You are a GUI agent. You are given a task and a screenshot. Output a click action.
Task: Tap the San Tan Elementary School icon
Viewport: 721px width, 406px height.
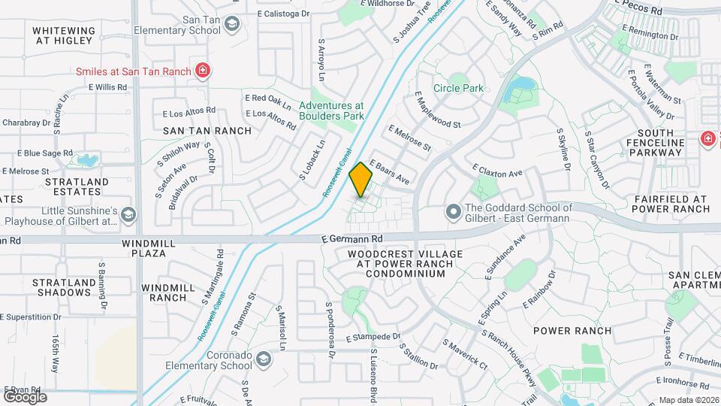coord(232,24)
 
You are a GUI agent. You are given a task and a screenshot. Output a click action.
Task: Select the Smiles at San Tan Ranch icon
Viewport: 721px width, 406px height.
coord(202,71)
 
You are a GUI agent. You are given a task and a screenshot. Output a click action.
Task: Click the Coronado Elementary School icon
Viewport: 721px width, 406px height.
coord(263,360)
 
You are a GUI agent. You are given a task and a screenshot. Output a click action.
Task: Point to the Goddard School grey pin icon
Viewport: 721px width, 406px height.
coord(453,213)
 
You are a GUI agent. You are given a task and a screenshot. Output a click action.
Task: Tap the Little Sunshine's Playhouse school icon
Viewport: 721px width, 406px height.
coord(128,216)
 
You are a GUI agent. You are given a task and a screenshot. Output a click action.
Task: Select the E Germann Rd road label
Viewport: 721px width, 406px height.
coord(352,238)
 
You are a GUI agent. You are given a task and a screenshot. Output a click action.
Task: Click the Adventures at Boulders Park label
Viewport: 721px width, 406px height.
coord(331,111)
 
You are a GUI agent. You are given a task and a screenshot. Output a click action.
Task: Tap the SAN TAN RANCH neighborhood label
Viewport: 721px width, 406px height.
coord(207,130)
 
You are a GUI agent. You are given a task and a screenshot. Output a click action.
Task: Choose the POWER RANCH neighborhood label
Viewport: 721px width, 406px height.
coord(572,331)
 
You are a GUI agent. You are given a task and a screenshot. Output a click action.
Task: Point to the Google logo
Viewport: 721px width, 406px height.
coord(25,396)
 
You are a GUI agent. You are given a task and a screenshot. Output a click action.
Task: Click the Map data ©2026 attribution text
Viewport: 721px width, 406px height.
coord(688,400)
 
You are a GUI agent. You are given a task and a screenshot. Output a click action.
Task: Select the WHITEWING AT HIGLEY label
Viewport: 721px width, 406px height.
coord(64,35)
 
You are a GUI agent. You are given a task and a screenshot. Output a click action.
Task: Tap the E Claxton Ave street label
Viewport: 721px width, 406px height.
coord(496,170)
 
